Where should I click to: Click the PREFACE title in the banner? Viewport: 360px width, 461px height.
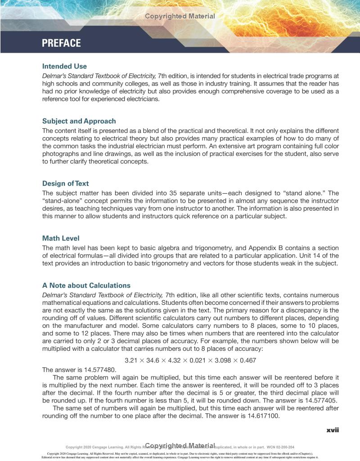pos(61,43)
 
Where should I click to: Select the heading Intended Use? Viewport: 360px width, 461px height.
pos(64,66)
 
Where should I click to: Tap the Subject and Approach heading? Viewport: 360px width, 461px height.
pos(79,121)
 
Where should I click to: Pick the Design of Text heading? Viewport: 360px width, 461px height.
pos(65,183)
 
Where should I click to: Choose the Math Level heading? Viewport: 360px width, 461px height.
pos(61,238)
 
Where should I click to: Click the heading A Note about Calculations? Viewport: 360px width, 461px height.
pos(86,285)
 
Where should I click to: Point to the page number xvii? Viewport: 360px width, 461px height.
pos(333,430)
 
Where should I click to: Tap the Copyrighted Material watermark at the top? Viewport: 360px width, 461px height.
pos(180,16)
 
